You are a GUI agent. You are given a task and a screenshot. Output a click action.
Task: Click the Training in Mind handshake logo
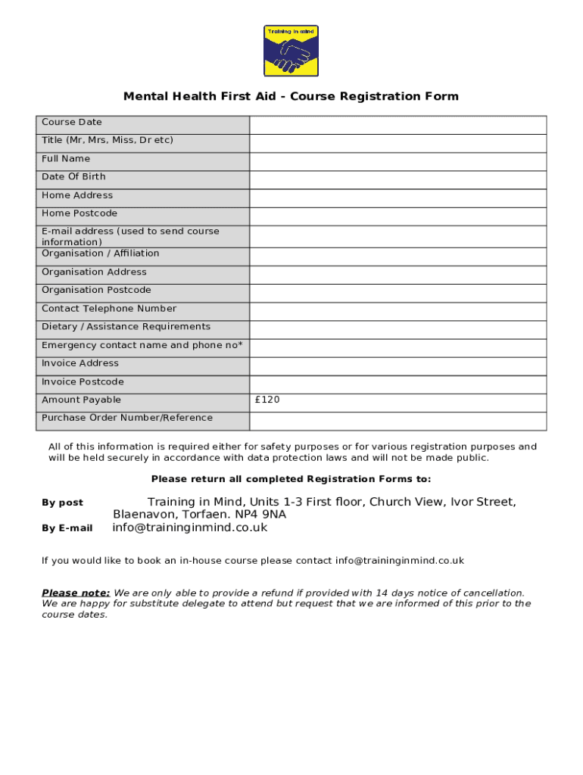point(291,51)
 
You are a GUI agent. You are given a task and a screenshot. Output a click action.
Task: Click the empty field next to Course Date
point(397,125)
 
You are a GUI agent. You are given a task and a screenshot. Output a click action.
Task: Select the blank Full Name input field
point(397,161)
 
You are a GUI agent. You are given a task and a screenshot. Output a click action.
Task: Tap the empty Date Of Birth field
point(397,179)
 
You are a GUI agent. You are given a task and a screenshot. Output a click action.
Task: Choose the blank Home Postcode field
point(397,216)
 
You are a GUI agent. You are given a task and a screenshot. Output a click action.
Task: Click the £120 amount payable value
point(268,400)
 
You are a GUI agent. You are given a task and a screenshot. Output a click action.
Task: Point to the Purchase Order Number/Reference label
point(127,418)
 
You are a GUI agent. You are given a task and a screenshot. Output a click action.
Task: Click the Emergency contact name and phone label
point(142,345)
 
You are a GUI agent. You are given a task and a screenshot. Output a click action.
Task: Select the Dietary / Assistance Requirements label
point(126,326)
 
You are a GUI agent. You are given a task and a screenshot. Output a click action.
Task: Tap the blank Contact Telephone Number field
point(397,312)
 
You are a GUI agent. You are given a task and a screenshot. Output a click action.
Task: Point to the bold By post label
point(62,503)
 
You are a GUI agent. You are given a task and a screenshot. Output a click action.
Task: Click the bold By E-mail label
point(67,528)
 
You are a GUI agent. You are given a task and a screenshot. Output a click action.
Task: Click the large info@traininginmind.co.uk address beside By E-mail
point(190,528)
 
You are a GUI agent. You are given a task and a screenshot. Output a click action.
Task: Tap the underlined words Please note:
point(76,593)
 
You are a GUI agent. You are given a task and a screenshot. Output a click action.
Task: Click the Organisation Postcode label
point(96,290)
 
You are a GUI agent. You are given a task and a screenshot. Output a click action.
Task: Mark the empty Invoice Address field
point(397,366)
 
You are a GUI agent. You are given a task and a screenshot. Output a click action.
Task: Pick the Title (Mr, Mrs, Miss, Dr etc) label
point(107,140)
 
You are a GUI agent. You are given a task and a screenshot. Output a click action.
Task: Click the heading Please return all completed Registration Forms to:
point(291,478)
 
